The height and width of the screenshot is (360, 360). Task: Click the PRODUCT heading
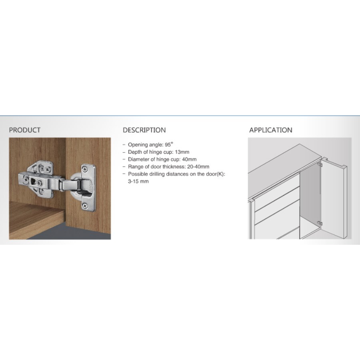click(x=24, y=130)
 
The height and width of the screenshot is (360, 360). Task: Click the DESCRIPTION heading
click(x=144, y=130)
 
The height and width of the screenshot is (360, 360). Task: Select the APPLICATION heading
click(x=271, y=130)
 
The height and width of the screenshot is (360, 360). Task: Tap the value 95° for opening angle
click(x=169, y=144)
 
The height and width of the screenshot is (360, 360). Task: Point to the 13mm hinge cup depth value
click(x=182, y=152)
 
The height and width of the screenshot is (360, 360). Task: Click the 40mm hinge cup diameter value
click(x=189, y=159)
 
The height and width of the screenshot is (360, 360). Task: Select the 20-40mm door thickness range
click(x=198, y=167)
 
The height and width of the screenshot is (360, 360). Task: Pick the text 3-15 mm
click(x=138, y=181)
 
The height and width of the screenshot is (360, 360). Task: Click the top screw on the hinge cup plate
click(x=85, y=170)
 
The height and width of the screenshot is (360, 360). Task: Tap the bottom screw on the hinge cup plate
click(x=85, y=206)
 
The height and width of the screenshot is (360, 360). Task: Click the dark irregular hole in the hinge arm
click(x=32, y=182)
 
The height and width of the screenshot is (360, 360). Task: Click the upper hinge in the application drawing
click(x=319, y=165)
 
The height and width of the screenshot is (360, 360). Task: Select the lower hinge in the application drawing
click(x=319, y=223)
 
